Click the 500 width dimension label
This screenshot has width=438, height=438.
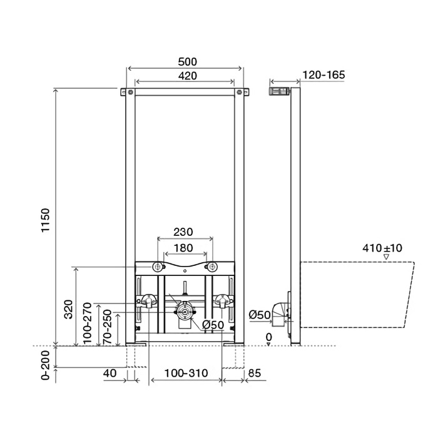(188, 62)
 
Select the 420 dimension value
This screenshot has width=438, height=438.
(188, 76)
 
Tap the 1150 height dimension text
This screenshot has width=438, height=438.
(45, 220)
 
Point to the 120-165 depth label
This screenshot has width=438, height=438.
(323, 75)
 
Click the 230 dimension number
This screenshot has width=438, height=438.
(183, 232)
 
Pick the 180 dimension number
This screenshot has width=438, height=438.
(183, 248)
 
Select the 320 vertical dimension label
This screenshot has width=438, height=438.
(68, 309)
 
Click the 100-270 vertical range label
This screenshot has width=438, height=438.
(87, 323)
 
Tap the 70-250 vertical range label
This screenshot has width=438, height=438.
(107, 327)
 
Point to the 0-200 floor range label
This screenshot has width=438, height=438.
(45, 365)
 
